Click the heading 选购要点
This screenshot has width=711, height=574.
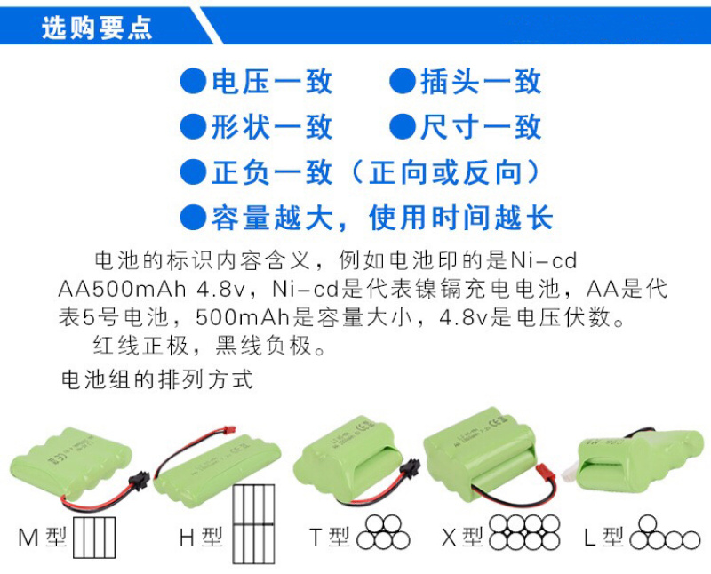[x=97, y=28]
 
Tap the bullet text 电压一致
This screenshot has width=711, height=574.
[x=272, y=82]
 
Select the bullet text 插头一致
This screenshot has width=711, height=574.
[x=481, y=82]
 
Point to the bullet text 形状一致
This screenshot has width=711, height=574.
[x=272, y=126]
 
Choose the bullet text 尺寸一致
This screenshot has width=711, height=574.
[x=481, y=126]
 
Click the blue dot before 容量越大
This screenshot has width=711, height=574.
[x=194, y=218]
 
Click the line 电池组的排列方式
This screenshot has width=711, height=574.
[x=157, y=380]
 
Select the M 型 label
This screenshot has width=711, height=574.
[x=42, y=538]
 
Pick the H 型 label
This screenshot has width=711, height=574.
[x=201, y=538]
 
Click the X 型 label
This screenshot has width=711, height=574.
[x=462, y=538]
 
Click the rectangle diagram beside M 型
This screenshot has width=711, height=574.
[x=94, y=538]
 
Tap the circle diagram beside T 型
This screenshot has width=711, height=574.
[x=383, y=532]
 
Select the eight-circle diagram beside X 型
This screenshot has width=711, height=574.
[x=524, y=532]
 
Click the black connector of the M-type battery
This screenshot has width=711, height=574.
[x=140, y=480]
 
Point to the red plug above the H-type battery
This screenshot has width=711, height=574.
[x=230, y=428]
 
